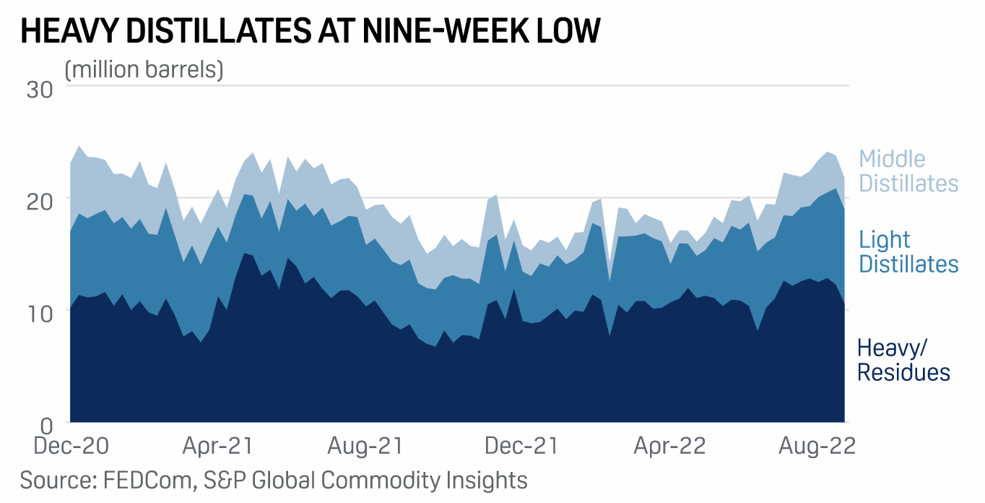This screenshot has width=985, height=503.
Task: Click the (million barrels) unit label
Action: tap(144, 70)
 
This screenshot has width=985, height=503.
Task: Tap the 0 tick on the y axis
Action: tap(47, 424)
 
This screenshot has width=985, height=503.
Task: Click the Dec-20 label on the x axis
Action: tap(71, 446)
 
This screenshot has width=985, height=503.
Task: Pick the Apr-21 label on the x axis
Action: tap(217, 446)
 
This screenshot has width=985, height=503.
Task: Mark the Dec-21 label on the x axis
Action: tap(521, 446)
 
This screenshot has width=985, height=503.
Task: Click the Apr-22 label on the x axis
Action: tap(669, 446)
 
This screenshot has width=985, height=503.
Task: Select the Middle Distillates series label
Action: tap(908, 171)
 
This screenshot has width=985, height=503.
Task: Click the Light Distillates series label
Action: tap(908, 252)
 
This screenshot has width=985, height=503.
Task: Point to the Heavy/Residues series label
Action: tap(903, 360)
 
